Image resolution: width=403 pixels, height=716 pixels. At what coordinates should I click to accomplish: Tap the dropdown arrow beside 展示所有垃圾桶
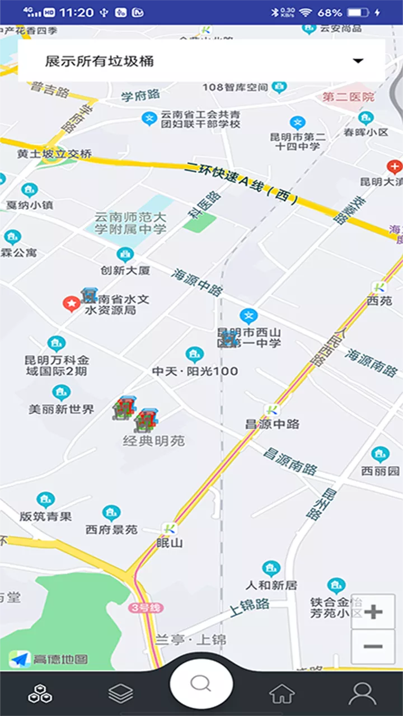(x=359, y=61)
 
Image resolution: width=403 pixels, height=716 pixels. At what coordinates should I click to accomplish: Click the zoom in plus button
(x=373, y=611)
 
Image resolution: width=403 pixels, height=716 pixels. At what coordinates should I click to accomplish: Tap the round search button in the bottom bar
(x=201, y=683)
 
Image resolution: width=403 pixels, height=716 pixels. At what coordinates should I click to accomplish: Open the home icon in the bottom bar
(x=282, y=694)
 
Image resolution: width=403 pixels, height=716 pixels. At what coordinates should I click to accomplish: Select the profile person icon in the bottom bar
(x=362, y=694)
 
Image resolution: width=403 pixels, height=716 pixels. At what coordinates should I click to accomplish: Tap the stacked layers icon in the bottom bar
(x=121, y=694)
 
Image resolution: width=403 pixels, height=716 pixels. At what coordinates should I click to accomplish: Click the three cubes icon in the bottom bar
(x=40, y=694)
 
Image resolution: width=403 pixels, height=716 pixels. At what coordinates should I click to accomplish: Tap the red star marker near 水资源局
(x=71, y=304)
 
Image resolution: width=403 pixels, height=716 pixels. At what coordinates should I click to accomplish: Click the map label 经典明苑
(x=154, y=441)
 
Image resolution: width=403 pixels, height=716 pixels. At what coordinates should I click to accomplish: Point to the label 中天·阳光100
(x=195, y=371)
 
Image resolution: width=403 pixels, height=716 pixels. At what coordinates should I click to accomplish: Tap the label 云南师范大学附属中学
(x=130, y=223)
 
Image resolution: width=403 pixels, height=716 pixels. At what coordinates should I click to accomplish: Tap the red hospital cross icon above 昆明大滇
(x=395, y=166)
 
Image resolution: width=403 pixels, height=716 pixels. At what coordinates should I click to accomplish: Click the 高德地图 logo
(x=49, y=659)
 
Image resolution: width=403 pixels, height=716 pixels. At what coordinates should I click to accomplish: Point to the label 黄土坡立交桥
(x=54, y=154)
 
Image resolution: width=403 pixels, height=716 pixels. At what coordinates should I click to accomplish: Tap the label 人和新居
(x=271, y=585)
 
